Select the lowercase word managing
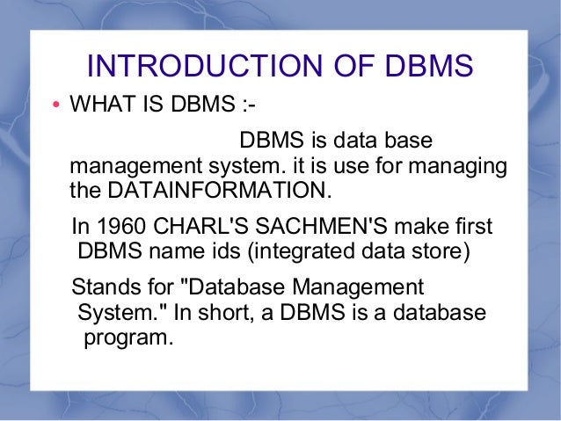tap(459, 165)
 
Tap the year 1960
tap(127, 227)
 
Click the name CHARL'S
tap(196, 227)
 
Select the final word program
tap(126, 337)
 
